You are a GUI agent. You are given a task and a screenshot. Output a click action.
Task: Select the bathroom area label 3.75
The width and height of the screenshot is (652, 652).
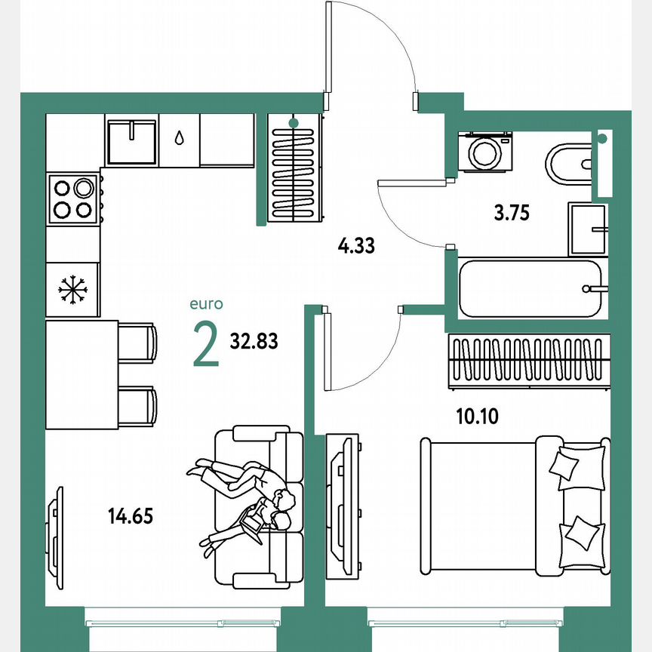click(512, 213)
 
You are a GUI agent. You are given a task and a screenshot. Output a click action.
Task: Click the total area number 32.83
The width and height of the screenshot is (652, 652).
click(254, 342)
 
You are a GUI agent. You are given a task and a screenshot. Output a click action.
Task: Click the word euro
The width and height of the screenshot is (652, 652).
click(206, 305)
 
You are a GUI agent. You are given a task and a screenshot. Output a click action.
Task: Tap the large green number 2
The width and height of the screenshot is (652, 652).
click(206, 343)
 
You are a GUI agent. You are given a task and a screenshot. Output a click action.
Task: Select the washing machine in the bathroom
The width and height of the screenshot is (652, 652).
click(484, 152)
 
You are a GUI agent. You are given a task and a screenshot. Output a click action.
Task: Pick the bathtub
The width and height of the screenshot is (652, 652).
click(531, 288)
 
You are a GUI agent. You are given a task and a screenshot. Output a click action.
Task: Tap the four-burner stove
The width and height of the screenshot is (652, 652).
click(73, 198)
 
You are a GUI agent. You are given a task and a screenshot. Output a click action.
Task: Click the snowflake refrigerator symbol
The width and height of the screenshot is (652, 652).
click(73, 288)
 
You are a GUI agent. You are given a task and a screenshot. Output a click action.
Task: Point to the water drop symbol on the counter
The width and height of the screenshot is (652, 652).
click(179, 138)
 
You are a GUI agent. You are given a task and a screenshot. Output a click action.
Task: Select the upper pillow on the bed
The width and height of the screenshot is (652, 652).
click(577, 463)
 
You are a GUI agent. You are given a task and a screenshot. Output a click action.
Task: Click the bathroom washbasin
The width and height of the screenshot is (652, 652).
click(588, 229)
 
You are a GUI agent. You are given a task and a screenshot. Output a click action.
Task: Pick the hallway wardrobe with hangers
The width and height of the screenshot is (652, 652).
click(294, 170)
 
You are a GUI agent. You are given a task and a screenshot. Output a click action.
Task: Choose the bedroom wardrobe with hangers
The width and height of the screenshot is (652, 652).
click(525, 360)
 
